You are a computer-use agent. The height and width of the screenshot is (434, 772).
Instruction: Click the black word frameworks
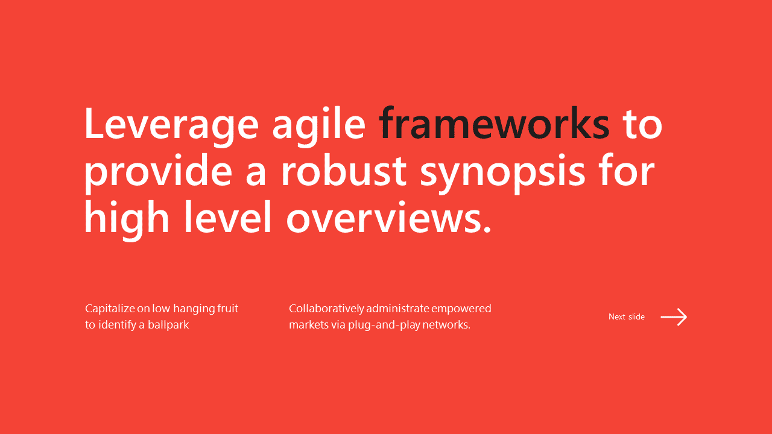pos(494,122)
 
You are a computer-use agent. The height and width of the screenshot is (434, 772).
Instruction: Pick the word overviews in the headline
pos(388,217)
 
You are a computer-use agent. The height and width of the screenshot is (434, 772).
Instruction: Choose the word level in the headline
pos(227,216)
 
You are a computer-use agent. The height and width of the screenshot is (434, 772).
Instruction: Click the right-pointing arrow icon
pos(674,317)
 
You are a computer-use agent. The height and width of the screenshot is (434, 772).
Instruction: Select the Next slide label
pos(627,316)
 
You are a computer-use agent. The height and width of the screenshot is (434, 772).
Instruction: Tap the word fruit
pos(227,308)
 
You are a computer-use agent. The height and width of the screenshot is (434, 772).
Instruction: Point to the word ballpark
pos(168,325)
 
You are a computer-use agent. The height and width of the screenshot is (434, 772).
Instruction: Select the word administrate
pos(397,308)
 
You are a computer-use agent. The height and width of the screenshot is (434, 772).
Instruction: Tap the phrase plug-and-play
pos(384,325)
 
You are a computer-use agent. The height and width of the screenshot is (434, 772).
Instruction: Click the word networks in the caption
pos(447,325)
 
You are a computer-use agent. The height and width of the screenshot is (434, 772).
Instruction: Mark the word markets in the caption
pos(309,325)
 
